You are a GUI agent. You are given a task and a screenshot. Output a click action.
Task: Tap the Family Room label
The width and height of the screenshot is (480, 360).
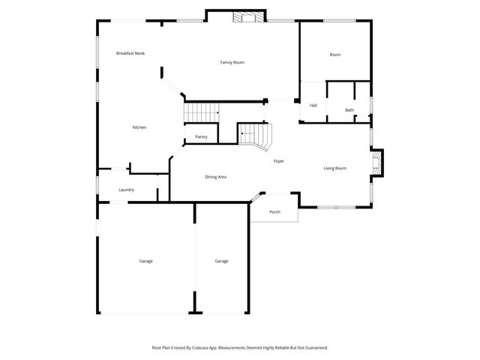pos(232,62)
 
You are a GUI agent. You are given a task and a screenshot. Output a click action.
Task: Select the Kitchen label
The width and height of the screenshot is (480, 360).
pos(139,127)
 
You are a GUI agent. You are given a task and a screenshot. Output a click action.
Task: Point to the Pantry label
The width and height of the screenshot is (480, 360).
pos(201,136)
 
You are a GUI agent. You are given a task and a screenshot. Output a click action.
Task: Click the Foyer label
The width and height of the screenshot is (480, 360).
pos(278,160)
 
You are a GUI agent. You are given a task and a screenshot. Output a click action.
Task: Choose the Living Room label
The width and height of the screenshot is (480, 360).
pos(334,168)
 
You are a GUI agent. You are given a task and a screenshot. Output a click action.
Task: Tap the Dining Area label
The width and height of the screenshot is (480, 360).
pos(216,177)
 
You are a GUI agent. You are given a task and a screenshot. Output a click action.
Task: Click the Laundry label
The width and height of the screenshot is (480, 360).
pos(126,190)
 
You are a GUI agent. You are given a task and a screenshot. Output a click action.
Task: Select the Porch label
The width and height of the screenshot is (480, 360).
pos(274,212)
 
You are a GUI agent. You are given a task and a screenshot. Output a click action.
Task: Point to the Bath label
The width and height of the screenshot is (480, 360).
pos(349,110)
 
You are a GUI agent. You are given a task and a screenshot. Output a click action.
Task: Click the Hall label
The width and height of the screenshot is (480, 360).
pos(313,105)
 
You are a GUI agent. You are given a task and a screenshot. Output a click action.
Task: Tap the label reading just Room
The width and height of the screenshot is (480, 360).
pos(335,55)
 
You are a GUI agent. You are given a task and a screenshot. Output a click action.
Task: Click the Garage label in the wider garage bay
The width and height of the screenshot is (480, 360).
pos(145,261)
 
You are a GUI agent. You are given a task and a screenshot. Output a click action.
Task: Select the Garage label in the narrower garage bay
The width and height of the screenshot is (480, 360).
pos(221,261)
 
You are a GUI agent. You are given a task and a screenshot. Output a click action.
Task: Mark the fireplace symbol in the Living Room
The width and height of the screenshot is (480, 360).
pos(377,163)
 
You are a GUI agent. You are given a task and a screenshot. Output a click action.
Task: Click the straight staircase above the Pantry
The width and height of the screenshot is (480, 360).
pos(201,112)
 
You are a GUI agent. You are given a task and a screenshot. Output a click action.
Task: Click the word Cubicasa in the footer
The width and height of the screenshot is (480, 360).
pos(211,348)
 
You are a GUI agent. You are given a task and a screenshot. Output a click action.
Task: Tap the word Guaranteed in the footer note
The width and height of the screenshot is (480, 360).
pos(313,348)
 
